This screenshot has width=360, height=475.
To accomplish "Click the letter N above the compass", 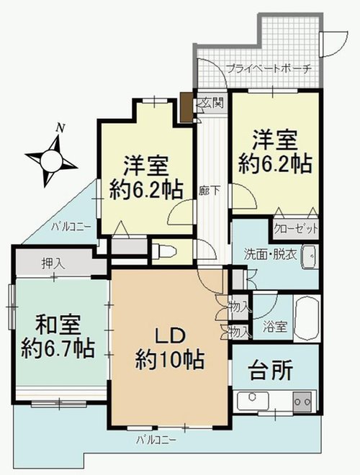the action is [x=61, y=128].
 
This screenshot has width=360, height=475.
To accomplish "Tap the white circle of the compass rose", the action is [x=51, y=161].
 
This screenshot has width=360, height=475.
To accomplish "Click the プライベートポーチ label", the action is [x=269, y=69].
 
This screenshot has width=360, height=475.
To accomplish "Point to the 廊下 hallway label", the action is [x=210, y=191].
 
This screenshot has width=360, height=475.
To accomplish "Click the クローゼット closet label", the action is [x=295, y=229].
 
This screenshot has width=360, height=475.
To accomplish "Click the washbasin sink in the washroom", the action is [x=310, y=257].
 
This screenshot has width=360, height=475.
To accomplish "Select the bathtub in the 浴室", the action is [x=307, y=318].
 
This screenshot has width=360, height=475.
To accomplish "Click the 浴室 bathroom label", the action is [x=274, y=327].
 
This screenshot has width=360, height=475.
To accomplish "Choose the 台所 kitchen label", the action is [x=271, y=370].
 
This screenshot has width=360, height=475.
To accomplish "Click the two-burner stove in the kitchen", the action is [x=302, y=402].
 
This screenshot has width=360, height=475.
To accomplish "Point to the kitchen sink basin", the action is [x=253, y=400].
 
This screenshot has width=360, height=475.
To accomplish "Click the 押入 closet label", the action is [x=53, y=264].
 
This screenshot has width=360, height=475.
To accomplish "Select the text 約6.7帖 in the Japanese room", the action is [x=58, y=348].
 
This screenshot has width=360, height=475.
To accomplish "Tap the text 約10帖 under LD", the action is [x=170, y=360].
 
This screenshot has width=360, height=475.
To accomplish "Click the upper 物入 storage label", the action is [x=240, y=307].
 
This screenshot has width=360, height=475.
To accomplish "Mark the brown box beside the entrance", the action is [x=186, y=107].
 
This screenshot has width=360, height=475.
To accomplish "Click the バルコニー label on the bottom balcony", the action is [x=156, y=439].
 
